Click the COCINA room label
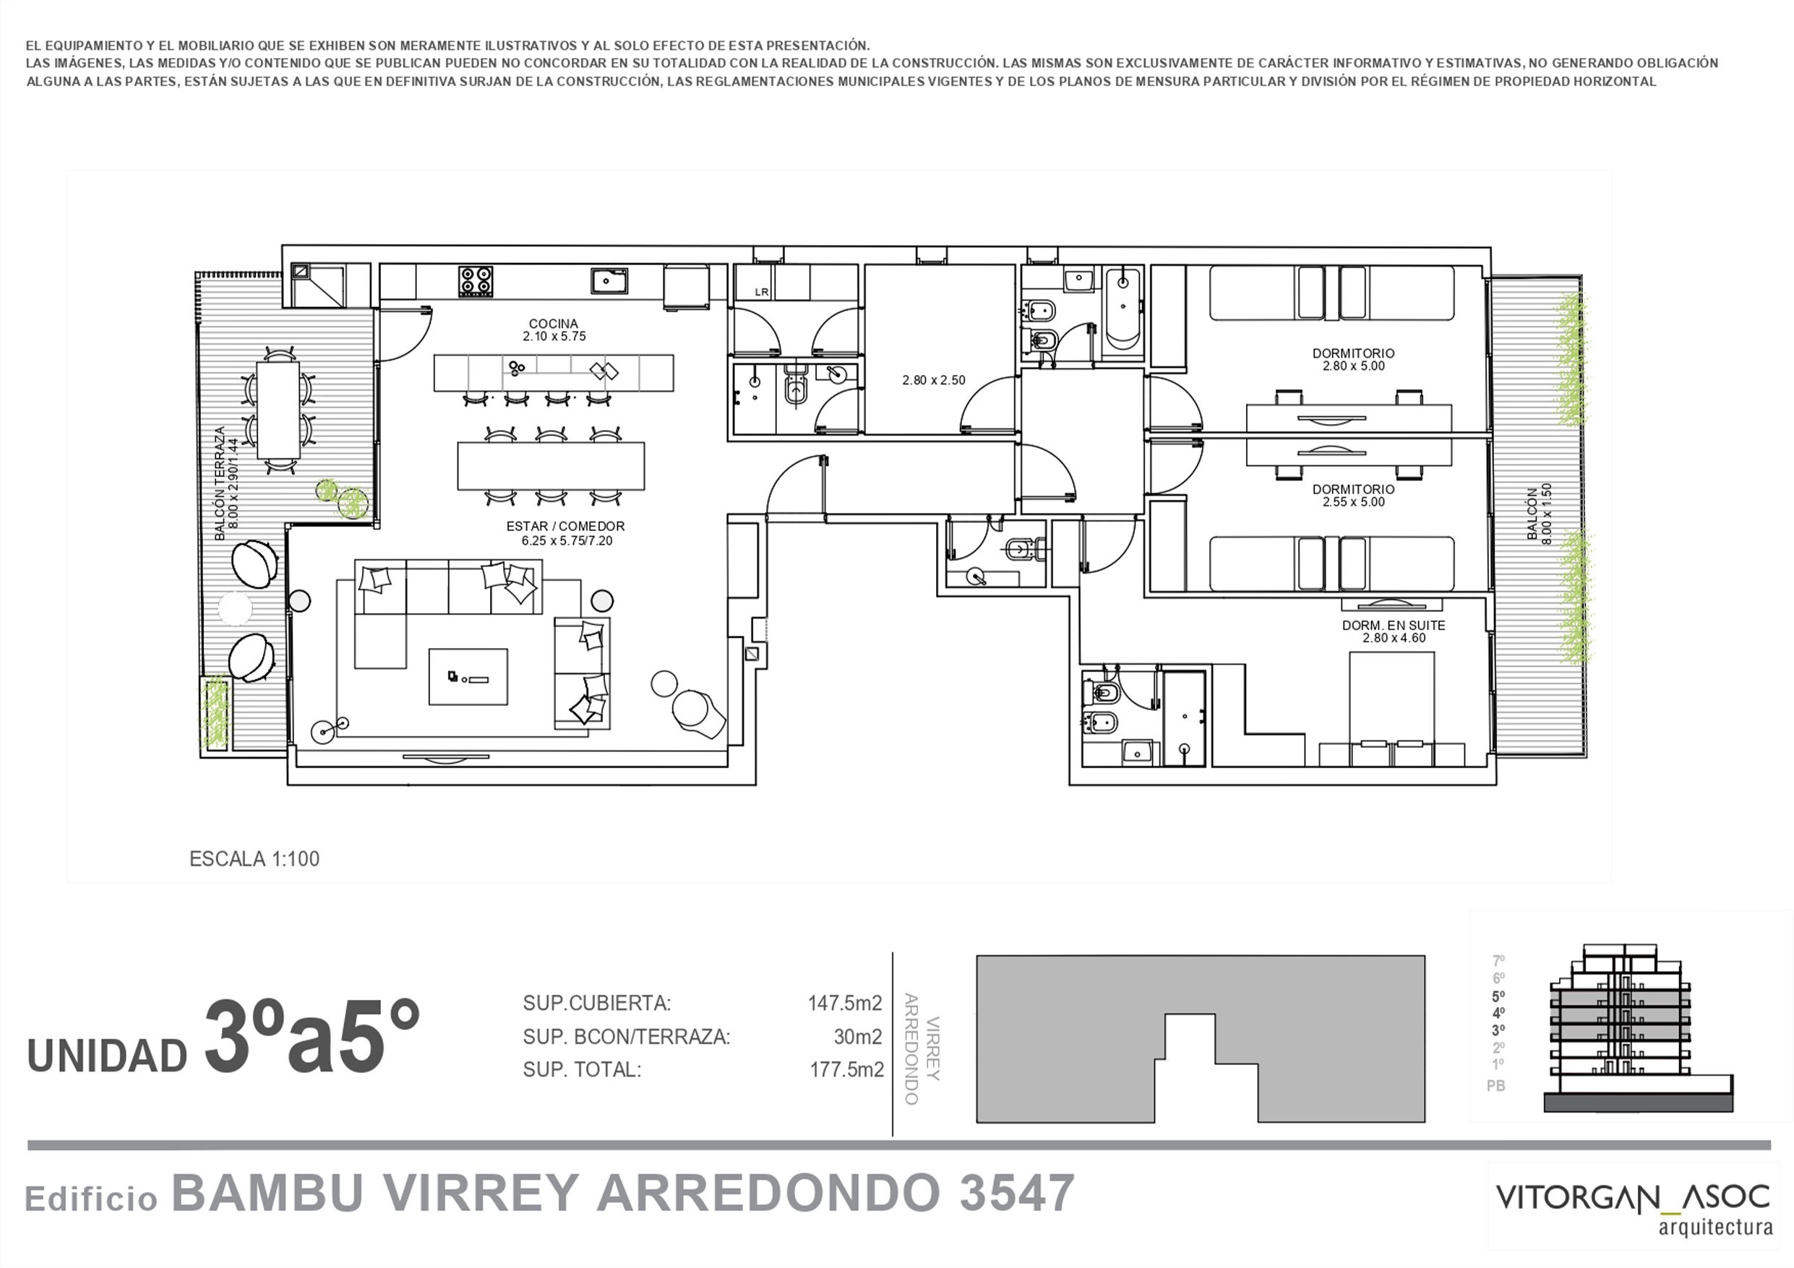click(x=553, y=324)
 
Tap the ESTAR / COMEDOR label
click(x=566, y=527)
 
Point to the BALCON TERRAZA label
click(x=220, y=483)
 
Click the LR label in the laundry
click(x=762, y=292)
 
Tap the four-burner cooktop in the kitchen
click(x=475, y=280)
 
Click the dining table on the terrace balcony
click(x=278, y=410)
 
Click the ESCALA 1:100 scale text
click(x=254, y=859)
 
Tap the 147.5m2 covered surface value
click(x=845, y=1003)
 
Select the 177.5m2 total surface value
click(x=846, y=1069)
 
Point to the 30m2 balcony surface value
click(x=857, y=1037)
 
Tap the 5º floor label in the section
click(x=1498, y=996)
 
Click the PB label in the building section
click(x=1495, y=1086)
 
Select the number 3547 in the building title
click(x=1017, y=1193)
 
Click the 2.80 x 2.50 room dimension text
click(x=934, y=381)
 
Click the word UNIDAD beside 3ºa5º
click(x=107, y=1056)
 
